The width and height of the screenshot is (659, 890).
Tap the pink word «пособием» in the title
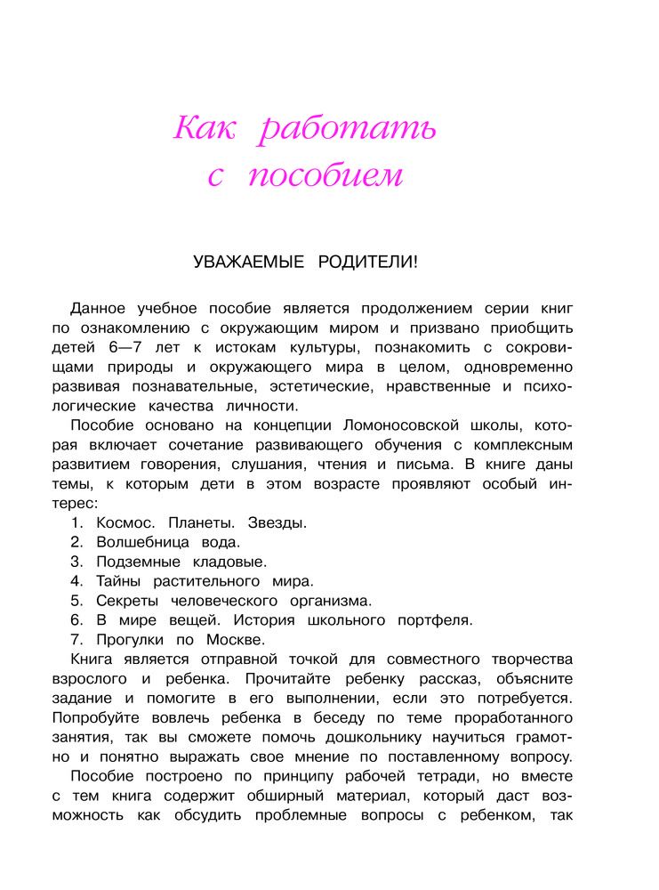click(325, 176)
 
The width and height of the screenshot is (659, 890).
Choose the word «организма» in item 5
click(325, 601)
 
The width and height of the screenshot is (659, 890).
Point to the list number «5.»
click(76, 601)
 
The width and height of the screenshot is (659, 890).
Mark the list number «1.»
click(76, 522)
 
